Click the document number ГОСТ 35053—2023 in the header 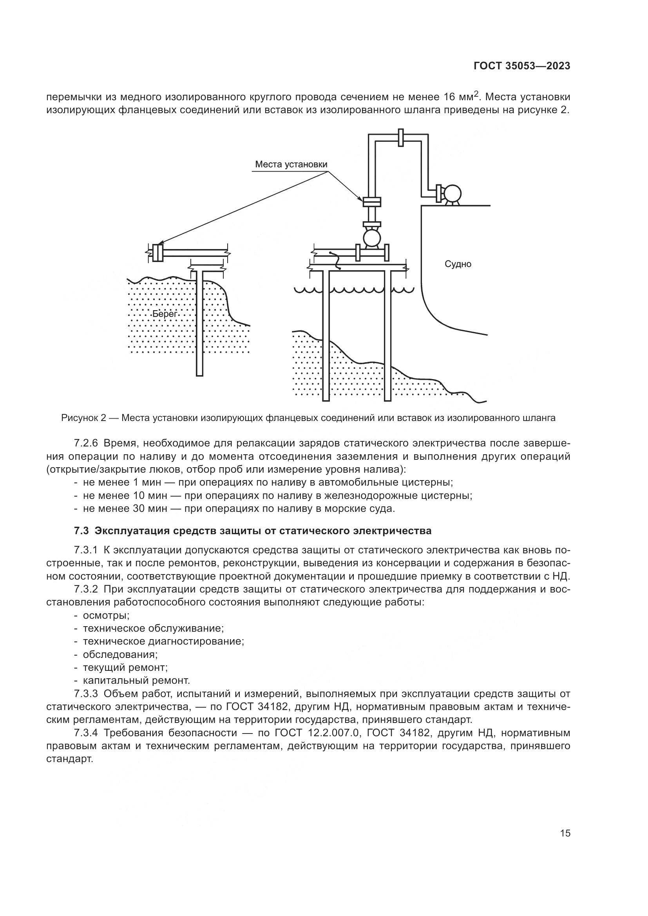pyautogui.click(x=522, y=66)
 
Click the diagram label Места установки pyautogui.click(x=291, y=164)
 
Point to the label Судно pyautogui.click(x=458, y=264)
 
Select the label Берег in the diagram pyautogui.click(x=165, y=314)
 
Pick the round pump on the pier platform pyautogui.click(x=372, y=238)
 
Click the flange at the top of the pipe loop pyautogui.click(x=401, y=138)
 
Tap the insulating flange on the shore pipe pyautogui.click(x=157, y=253)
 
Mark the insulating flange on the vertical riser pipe pyautogui.click(x=372, y=201)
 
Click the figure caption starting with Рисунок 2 pyautogui.click(x=308, y=418)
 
